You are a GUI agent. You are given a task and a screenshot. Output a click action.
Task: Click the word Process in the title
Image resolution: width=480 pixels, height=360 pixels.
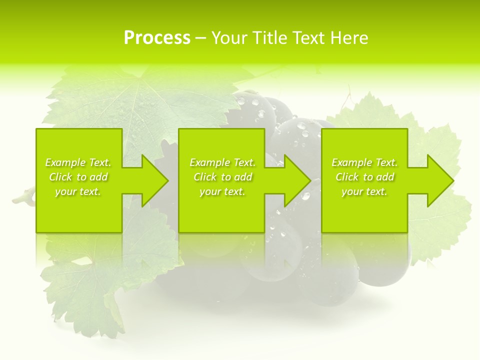point(157,38)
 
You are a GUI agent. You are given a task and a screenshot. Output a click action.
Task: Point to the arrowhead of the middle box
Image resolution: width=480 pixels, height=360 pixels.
point(297,180)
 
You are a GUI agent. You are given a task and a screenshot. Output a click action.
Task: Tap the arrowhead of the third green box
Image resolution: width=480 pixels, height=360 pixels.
point(439,180)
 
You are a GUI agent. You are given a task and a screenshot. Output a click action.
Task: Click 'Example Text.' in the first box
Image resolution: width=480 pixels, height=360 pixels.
point(78,162)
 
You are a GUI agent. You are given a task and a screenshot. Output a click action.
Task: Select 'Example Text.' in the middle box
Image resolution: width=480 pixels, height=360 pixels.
point(222,162)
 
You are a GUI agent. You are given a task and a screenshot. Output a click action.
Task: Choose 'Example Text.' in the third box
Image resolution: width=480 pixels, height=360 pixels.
point(364,162)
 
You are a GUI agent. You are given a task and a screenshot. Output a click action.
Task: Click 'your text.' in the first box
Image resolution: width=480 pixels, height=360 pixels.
point(78,191)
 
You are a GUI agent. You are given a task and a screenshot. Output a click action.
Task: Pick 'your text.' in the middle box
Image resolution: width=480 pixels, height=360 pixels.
point(222,191)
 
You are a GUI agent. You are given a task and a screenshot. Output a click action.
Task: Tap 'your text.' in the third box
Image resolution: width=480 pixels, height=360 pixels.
point(364,191)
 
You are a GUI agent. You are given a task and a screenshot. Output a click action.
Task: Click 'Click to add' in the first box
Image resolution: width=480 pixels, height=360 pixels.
point(78,177)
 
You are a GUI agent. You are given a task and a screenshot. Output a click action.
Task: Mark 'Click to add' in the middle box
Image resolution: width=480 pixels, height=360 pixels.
point(222,177)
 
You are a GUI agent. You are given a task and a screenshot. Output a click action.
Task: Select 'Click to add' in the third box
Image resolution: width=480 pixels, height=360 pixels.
point(364,177)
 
